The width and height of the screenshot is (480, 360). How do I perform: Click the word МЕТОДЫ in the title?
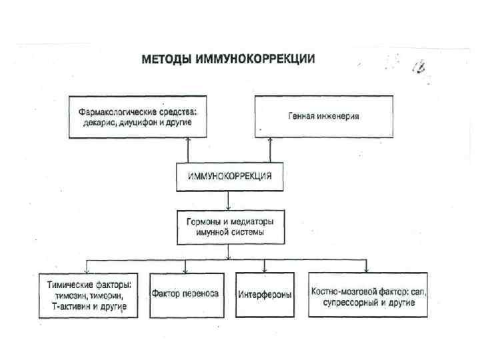(x=165, y=59)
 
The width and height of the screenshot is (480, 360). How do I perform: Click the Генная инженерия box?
(x=323, y=116)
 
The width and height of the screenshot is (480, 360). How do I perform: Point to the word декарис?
(x=95, y=123)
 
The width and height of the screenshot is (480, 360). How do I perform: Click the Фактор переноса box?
(x=185, y=294)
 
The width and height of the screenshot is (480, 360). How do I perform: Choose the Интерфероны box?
(x=265, y=294)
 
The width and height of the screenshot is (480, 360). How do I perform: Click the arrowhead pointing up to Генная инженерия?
(x=269, y=141)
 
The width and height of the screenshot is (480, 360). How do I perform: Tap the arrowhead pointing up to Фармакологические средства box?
(x=189, y=141)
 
